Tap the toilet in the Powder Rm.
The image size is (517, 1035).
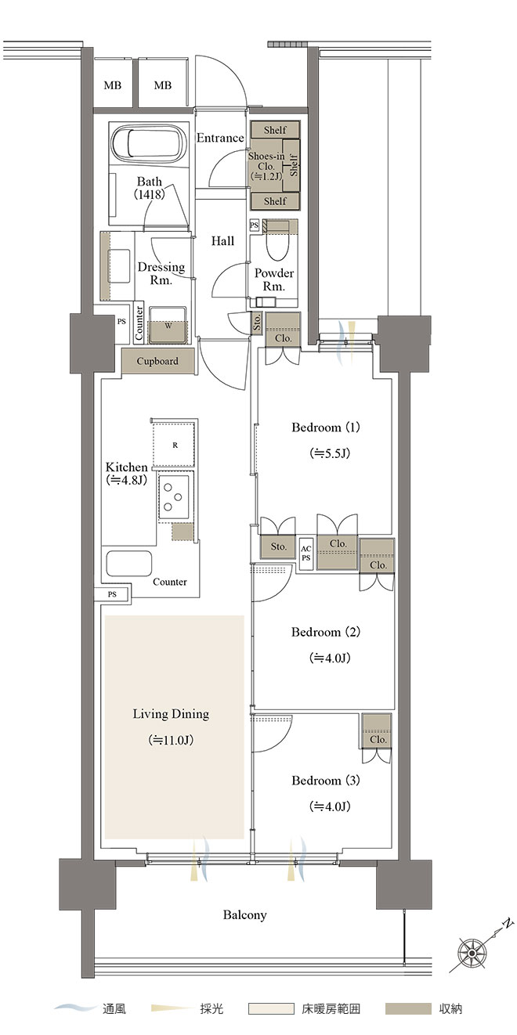coord(278,245)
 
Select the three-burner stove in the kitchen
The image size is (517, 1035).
coord(174,498)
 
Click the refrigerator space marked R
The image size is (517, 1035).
coord(174,445)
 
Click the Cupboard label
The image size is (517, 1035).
coord(157,362)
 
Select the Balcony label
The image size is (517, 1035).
coord(244,915)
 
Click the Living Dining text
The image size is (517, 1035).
coord(171,714)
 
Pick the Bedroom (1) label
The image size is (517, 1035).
coord(326,427)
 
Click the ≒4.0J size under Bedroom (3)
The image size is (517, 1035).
coord(330,806)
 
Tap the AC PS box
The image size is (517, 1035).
coord(305,553)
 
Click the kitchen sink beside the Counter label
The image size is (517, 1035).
coord(129,563)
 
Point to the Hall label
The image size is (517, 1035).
coord(223,240)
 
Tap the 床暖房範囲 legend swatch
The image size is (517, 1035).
coord(271,1008)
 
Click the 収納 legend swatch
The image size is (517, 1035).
coord(408,1008)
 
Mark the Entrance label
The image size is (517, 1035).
coord(220,138)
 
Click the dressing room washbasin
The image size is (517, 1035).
coord(119,265)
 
